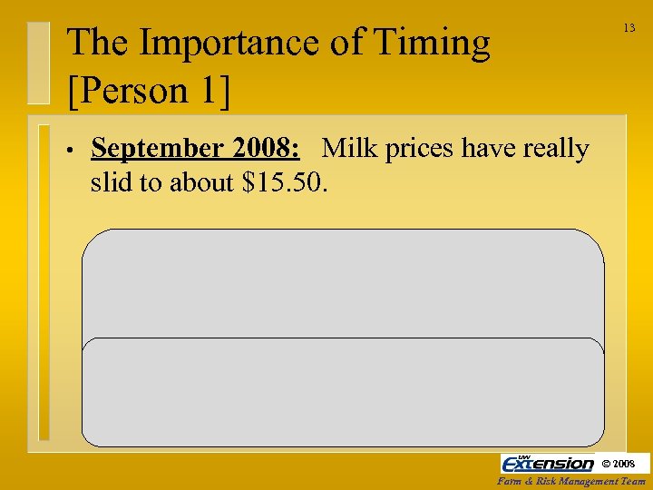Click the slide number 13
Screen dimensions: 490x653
(629, 29)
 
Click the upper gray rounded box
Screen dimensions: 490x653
(343, 282)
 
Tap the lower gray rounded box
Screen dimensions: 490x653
(343, 391)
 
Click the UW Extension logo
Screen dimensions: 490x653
(548, 463)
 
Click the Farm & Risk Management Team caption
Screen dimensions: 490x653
(571, 482)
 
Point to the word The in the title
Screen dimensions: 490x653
(97, 44)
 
